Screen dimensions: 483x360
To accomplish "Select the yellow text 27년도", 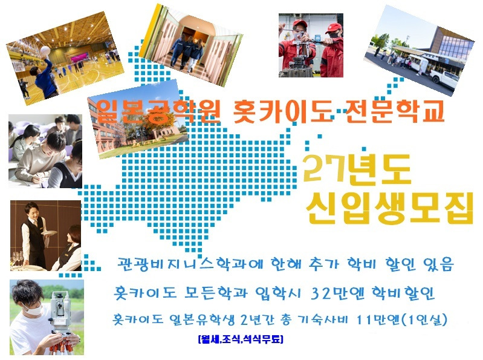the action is point(357,169).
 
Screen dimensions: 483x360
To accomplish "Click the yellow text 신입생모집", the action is point(389,208).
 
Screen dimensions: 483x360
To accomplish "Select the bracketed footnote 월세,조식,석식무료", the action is point(241,339).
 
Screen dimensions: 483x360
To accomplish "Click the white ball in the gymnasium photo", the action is point(45,50).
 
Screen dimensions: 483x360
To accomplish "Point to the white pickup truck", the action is point(446,77).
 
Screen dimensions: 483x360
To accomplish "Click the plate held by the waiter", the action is point(50,233).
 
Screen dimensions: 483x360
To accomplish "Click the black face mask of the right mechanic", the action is point(334,35).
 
